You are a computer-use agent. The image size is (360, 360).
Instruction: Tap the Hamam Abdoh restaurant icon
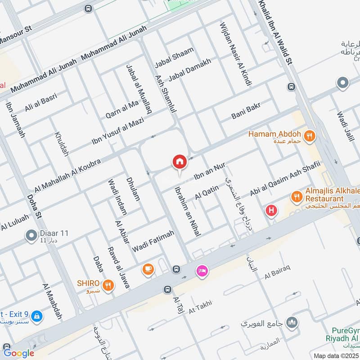click(309, 135)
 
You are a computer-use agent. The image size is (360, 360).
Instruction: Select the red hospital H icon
click(271, 210)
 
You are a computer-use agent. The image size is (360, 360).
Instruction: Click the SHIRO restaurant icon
click(108, 284)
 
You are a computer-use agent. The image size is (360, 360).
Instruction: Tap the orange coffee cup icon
click(147, 269)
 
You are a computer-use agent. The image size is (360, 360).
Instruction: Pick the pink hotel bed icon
click(202, 270)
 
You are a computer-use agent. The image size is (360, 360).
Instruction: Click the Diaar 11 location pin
click(31, 235)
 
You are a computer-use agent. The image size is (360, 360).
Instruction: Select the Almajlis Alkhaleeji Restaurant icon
click(296, 196)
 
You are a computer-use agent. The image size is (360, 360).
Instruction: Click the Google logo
click(18, 353)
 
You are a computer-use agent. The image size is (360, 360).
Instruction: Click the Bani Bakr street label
click(246, 110)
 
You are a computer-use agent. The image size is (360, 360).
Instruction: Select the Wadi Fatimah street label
click(153, 241)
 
